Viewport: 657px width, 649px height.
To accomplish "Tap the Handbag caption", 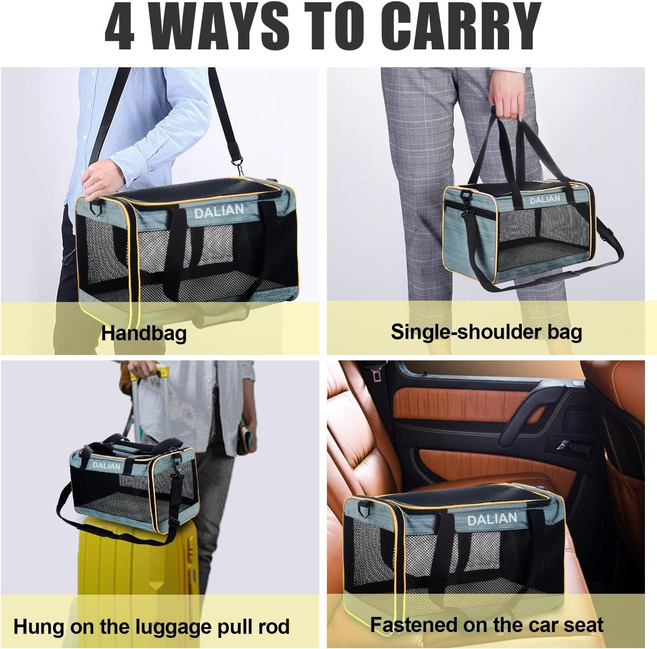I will pyautogui.click(x=143, y=333).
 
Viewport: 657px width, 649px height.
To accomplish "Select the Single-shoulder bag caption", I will pyautogui.click(x=486, y=332).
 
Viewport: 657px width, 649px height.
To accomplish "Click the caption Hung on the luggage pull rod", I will pyautogui.click(x=151, y=626).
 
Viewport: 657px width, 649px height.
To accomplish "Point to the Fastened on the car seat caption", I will pyautogui.click(x=486, y=625).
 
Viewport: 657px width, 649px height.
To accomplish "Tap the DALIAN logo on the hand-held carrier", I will pyautogui.click(x=544, y=200).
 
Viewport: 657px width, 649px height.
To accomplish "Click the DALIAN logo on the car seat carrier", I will pyautogui.click(x=492, y=519).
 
